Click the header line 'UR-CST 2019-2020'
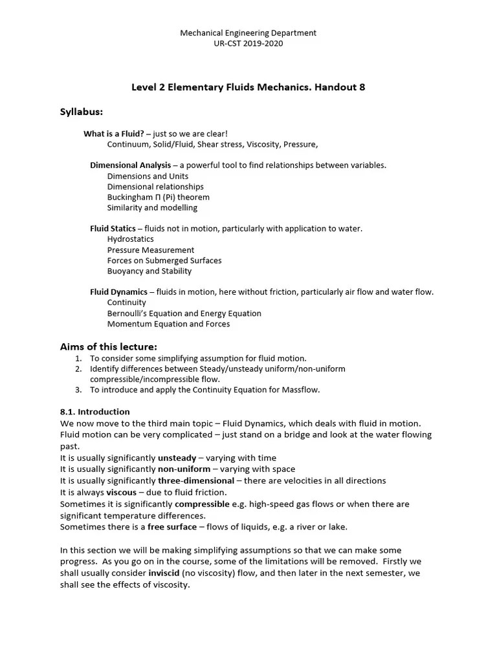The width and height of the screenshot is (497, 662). [248, 43]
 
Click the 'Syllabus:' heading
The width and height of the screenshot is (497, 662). [82, 112]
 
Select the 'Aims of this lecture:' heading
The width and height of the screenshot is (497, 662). [109, 347]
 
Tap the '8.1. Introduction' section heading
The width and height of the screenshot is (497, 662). [95, 412]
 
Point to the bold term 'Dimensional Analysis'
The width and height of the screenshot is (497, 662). [130, 165]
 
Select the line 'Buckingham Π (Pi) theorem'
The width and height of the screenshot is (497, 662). [159, 197]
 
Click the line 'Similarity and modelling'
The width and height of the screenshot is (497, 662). [152, 208]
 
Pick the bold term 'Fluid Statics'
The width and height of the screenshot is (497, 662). [113, 229]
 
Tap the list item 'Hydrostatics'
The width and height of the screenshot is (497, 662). [130, 239]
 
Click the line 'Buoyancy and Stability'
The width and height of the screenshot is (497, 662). [149, 271]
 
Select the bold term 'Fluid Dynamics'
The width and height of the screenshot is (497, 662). [118, 292]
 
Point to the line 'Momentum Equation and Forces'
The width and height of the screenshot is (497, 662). [168, 324]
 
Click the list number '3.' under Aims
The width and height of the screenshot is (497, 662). [78, 390]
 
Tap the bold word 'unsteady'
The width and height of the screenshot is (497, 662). [177, 458]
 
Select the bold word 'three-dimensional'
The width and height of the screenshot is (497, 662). [196, 480]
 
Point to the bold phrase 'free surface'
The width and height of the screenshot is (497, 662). [172, 527]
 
